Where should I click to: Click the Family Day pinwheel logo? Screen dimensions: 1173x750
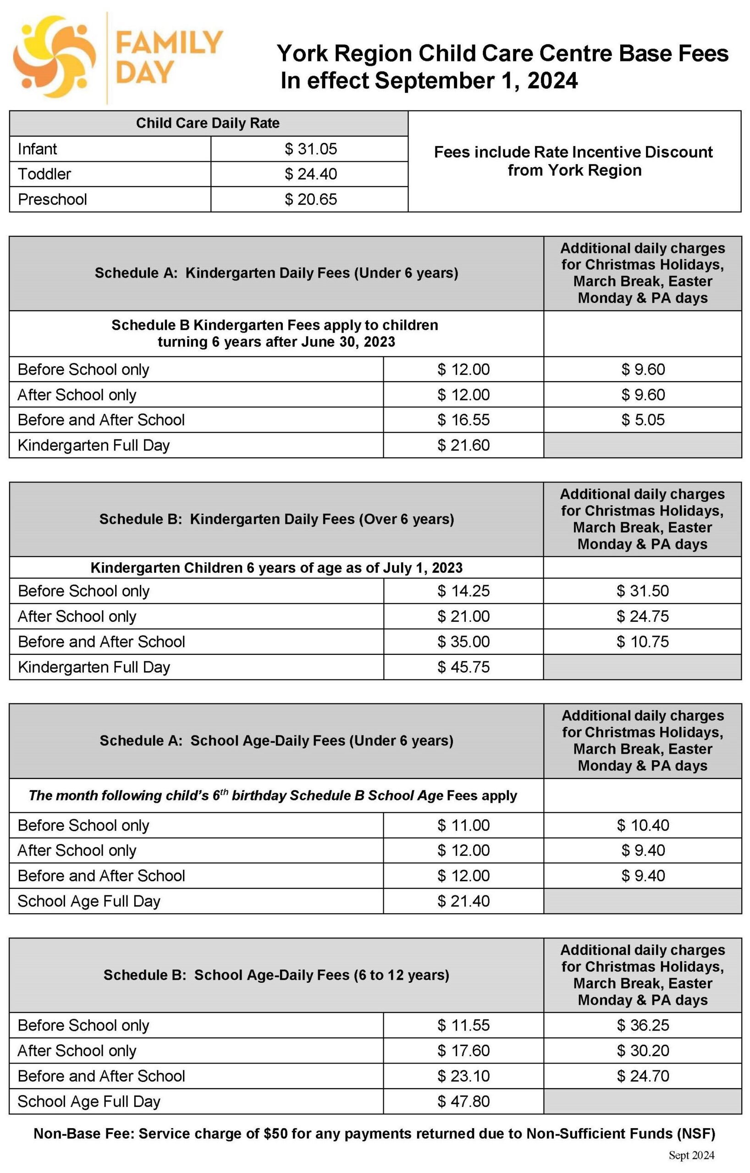pos(55,57)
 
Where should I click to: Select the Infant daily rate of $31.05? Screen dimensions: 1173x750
pos(310,149)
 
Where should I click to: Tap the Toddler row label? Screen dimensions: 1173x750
pos(44,174)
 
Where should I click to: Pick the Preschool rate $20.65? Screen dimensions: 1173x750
pos(310,199)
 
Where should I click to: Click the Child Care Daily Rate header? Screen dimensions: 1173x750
pos(208,123)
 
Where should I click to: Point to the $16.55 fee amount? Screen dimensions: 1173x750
pos(463,420)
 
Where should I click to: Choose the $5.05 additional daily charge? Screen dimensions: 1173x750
pos(642,420)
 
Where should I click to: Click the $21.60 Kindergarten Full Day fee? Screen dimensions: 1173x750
pos(463,445)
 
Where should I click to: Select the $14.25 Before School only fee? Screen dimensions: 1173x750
pos(463,591)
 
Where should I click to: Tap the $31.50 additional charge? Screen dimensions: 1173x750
pos(642,591)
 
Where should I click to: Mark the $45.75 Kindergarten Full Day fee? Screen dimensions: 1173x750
pos(463,667)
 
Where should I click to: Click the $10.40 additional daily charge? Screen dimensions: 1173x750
pos(642,825)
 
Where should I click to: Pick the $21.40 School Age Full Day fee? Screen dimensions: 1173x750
pos(463,901)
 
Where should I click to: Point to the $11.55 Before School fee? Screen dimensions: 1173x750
pos(463,1025)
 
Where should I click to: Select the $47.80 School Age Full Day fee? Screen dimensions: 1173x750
pos(463,1102)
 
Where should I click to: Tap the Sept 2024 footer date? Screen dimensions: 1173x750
pos(691,1156)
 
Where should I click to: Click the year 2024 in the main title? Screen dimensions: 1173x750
pos(552,81)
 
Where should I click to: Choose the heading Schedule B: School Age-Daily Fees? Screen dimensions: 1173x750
pos(276,975)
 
